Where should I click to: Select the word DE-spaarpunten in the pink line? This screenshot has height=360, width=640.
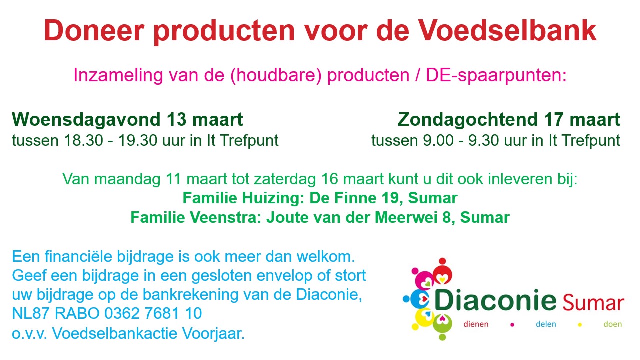click(496, 75)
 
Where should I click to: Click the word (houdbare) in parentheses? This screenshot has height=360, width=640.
click(276, 75)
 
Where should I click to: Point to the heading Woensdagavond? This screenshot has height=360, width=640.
click(86, 119)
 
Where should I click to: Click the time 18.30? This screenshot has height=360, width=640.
click(83, 140)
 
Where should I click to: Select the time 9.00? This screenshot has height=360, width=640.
click(438, 140)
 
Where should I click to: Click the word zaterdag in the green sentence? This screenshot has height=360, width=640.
click(285, 179)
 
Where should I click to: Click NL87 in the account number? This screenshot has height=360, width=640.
click(31, 313)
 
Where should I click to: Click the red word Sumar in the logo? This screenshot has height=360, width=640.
click(593, 303)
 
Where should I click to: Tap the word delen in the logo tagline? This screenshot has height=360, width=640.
click(546, 324)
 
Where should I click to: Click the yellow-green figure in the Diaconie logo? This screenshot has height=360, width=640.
click(442, 325)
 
